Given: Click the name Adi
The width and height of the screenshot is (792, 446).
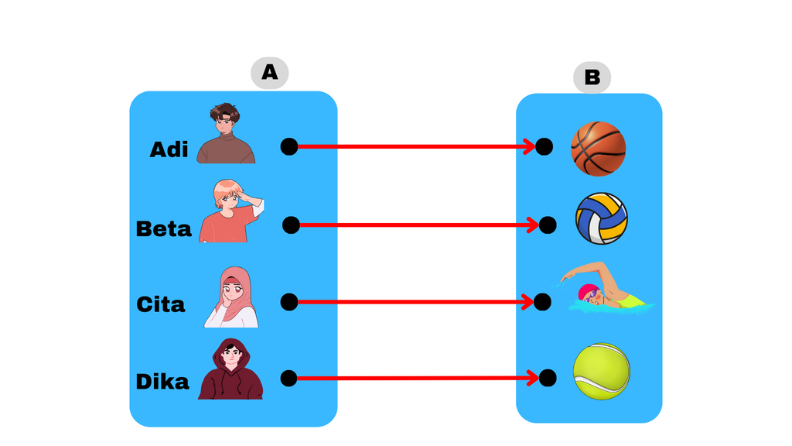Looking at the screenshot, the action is [x=169, y=149].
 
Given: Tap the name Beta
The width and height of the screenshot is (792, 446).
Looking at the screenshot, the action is [x=164, y=228].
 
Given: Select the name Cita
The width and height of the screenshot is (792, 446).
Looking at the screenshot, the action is [x=161, y=304].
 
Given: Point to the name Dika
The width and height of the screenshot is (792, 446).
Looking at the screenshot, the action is [x=162, y=381].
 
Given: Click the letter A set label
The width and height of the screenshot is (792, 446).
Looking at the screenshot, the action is [x=270, y=73].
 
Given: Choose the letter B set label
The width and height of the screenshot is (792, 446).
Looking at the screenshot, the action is [x=592, y=77].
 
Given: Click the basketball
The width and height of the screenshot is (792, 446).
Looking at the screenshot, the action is [x=599, y=149].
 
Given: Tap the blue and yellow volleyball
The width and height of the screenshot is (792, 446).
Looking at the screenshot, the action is [x=602, y=218].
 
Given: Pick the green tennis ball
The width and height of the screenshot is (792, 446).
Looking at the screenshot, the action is [x=602, y=372].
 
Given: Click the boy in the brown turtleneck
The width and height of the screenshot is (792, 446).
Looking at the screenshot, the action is [x=226, y=133].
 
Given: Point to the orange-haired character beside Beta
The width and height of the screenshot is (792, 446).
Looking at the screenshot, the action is [x=231, y=211].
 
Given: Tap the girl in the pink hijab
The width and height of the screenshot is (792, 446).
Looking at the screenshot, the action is [x=232, y=297].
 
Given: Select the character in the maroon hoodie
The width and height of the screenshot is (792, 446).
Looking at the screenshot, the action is [x=230, y=369].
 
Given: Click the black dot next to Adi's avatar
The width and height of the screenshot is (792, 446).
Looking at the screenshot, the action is [x=289, y=146].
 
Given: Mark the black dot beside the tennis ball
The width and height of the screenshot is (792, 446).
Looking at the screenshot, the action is [x=548, y=378].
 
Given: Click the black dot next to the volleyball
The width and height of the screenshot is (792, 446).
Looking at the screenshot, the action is [x=548, y=225].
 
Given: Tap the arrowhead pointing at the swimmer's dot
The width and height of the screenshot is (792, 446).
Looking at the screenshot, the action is [x=527, y=302].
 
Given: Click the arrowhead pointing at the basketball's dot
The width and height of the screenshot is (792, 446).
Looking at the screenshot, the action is [x=529, y=146].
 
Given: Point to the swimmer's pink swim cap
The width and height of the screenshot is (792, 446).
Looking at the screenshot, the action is [x=586, y=291].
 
